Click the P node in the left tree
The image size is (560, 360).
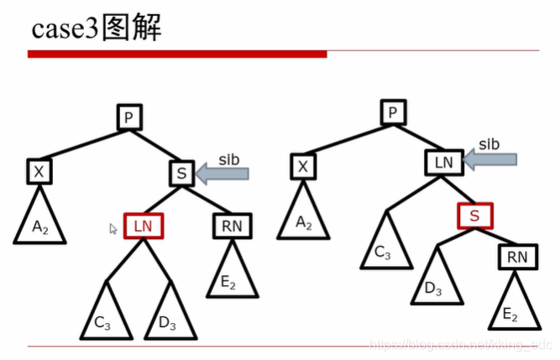pos(128,117)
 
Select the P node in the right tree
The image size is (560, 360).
pos(393,112)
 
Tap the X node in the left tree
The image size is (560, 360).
pos(39,172)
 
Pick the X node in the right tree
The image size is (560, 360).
pos(304,167)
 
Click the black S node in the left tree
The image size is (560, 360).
pos(181,174)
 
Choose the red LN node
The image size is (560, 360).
pos(143,225)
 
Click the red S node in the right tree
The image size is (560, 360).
pos(474,216)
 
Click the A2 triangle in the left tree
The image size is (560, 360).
pos(39,222)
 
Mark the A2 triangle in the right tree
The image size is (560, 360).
pos(304,217)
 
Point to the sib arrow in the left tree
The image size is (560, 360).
pos(222,173)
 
